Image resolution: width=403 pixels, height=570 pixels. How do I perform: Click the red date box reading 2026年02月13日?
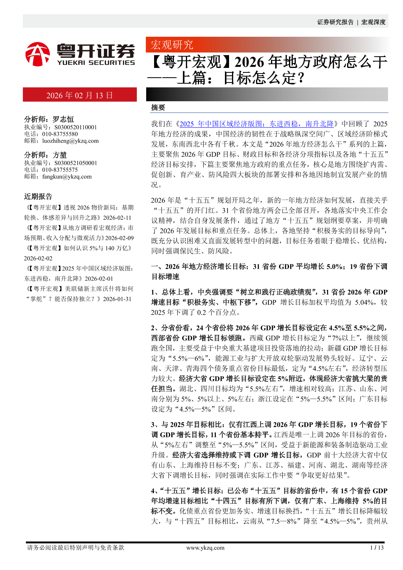pos(79,95)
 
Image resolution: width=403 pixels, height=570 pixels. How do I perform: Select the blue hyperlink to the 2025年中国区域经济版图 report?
pos(256,124)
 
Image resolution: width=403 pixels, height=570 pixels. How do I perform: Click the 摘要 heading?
pos(158,108)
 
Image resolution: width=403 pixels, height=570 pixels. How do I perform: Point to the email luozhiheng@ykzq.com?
pos(70,141)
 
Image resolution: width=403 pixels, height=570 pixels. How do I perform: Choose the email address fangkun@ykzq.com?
pos(67,177)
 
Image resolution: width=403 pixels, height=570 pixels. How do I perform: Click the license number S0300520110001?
pos(76,127)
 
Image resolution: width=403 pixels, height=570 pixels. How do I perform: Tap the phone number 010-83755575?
pos(60,170)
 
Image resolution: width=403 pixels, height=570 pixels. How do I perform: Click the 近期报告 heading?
pos(38,196)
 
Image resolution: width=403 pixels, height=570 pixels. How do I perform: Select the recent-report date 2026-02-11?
pos(117,218)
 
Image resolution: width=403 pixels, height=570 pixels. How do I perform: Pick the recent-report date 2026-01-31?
pos(117,299)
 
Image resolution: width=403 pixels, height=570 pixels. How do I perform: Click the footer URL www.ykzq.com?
pos(205,548)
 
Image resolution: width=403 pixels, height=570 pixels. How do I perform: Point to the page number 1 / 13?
pos(377,548)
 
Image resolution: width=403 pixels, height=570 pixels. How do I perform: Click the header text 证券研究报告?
pos(335,22)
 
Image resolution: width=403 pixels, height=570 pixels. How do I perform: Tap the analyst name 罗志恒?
pos(63,119)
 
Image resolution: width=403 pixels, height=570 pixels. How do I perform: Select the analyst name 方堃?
pos(60,155)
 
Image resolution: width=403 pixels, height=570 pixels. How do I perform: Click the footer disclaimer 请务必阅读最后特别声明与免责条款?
pos(76,548)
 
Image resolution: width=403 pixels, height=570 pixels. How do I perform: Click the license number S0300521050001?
pos(76,163)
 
